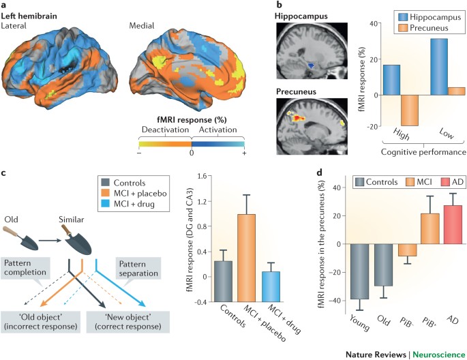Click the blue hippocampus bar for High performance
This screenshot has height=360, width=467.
(372, 80)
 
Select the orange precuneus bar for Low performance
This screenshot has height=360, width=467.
(440, 91)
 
